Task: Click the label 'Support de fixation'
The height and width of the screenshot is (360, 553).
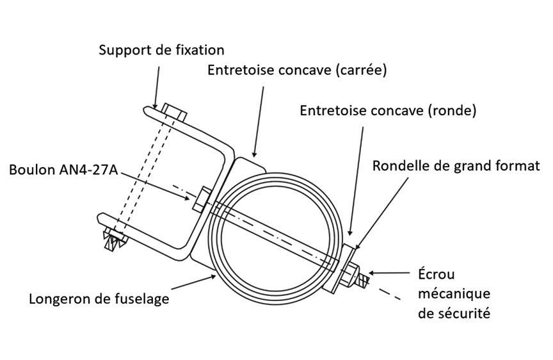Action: tap(161, 50)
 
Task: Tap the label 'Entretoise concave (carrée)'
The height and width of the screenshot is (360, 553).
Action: tap(298, 70)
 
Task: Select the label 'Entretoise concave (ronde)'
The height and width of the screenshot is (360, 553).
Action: tap(389, 110)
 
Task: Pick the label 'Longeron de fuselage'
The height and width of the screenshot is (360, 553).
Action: tap(99, 299)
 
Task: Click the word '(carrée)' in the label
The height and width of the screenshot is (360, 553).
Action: tap(361, 70)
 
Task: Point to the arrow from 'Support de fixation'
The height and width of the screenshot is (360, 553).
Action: tap(154, 83)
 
